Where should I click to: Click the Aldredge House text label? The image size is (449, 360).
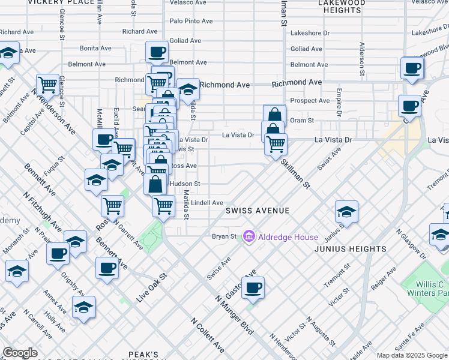pyautogui.click(x=280, y=237)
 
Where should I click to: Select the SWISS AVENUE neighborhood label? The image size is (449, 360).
pyautogui.click(x=258, y=211)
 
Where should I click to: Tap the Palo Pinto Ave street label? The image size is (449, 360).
pyautogui.click(x=191, y=21)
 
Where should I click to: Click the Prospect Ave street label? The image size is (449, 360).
pyautogui.click(x=310, y=100)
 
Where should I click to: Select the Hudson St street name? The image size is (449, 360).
pyautogui.click(x=185, y=184)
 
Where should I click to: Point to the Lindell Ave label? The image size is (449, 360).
pyautogui.click(x=206, y=203)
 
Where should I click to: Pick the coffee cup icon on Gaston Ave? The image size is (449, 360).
pyautogui.click(x=253, y=287)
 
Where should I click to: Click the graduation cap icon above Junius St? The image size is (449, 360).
pyautogui.click(x=346, y=212)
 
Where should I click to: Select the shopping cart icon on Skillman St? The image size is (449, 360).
pyautogui.click(x=276, y=143)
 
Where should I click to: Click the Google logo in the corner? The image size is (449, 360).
pyautogui.click(x=20, y=353)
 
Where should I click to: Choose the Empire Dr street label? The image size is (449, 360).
pyautogui.click(x=339, y=102)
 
